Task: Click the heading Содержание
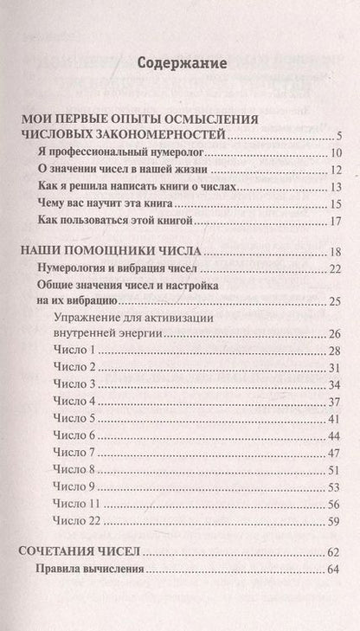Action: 182,63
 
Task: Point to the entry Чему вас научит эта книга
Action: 103,203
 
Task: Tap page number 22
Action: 337,270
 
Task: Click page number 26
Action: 337,333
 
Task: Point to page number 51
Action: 337,469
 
